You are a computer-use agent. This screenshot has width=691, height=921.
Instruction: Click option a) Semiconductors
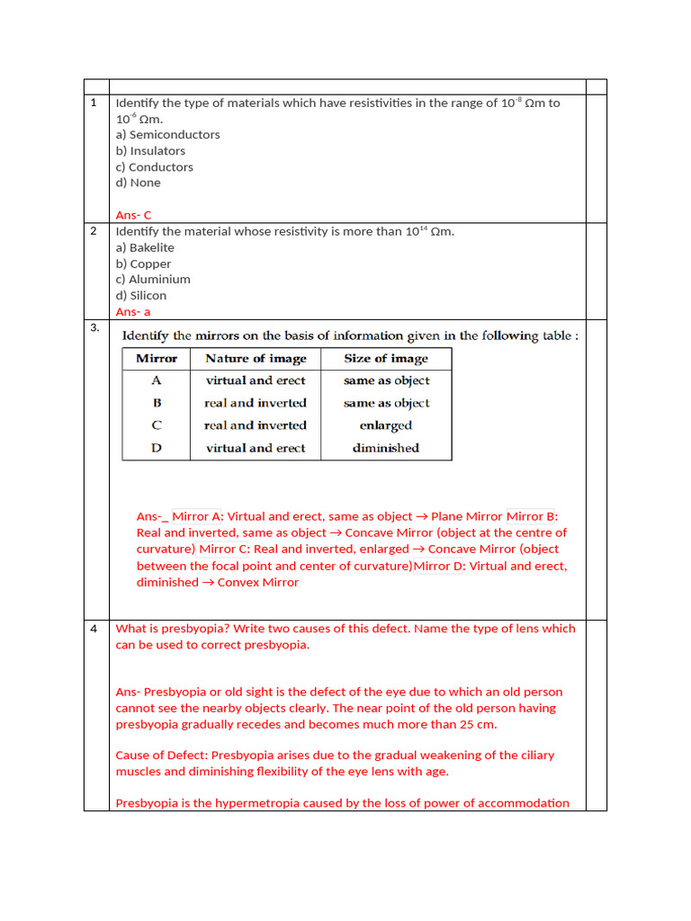(167, 135)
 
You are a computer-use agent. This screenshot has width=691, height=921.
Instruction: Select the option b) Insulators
(150, 151)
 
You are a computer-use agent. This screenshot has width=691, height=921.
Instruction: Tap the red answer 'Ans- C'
(134, 215)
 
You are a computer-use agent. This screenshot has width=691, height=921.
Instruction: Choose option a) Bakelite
(145, 247)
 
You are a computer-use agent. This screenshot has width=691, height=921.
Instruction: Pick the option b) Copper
(143, 264)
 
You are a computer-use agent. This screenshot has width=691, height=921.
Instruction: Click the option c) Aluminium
(153, 280)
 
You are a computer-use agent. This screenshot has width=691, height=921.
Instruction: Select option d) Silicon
(141, 296)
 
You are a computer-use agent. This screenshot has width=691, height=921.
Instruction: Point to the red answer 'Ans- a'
(133, 311)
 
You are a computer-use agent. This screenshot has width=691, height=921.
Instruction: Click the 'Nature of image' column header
(256, 358)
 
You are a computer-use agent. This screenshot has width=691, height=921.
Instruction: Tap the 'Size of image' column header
(386, 358)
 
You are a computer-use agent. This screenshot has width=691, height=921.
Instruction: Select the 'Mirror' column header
(157, 358)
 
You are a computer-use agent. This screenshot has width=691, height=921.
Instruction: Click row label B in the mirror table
(157, 403)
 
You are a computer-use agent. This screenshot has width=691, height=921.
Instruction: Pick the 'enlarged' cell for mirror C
(386, 425)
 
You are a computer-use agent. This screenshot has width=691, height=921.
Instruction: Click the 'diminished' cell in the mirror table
(386, 448)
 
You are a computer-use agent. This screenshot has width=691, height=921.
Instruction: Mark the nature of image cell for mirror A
(256, 380)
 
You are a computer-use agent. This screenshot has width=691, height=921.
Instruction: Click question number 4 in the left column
(94, 629)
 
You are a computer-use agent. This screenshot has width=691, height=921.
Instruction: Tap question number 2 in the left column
(94, 231)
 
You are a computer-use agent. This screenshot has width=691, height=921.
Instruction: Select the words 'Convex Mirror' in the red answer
(258, 582)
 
